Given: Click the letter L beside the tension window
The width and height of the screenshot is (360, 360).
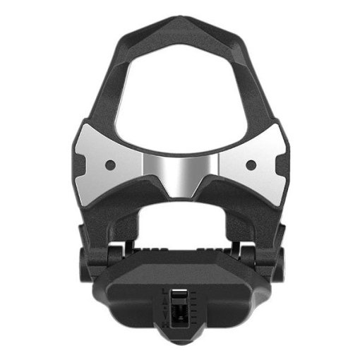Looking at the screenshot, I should [x=164, y=290].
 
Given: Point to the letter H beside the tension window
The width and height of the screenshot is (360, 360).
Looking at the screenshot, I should [x=165, y=325].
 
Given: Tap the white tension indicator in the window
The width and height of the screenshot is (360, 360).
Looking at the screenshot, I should [x=179, y=290].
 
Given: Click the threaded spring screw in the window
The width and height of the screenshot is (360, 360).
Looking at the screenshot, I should [x=179, y=311].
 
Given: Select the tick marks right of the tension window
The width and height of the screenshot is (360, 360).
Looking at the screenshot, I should [x=193, y=308].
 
